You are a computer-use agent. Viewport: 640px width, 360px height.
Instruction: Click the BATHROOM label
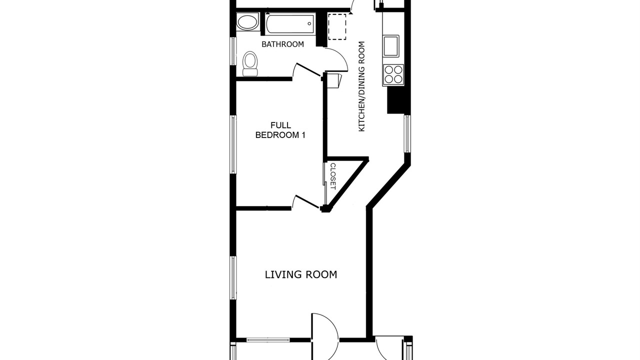tap(282, 44)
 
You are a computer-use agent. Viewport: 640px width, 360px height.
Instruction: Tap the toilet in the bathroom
tap(250, 63)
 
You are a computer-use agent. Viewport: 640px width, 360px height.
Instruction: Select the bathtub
tap(290, 24)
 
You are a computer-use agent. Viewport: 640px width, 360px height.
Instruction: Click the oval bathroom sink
tap(247, 22)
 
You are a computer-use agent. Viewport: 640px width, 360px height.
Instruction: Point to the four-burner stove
tap(393, 74)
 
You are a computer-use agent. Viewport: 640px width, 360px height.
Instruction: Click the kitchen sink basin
tap(391, 46)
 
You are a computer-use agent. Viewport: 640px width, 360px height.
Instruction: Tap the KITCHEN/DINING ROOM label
tap(361, 86)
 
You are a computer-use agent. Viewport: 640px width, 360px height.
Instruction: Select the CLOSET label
tap(333, 176)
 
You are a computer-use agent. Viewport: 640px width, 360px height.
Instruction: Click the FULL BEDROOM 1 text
tap(280, 130)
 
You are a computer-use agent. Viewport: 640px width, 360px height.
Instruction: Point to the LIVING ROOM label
tap(301, 274)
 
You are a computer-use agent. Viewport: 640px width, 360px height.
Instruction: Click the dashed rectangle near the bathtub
tap(337, 27)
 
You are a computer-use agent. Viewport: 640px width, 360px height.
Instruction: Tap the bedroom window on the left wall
tap(233, 144)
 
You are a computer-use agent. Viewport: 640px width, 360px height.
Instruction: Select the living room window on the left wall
tap(233, 277)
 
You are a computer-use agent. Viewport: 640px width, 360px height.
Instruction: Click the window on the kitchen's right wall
tap(407, 133)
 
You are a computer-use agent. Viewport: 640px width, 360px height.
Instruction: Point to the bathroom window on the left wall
tap(233, 51)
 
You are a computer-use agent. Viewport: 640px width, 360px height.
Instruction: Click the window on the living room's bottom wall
tap(267, 340)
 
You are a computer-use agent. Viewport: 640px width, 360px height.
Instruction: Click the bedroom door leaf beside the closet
tap(307, 201)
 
